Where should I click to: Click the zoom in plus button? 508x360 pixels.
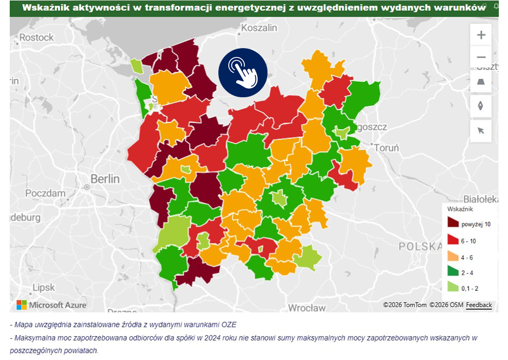point(480,36)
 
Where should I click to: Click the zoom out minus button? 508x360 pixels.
point(480,57)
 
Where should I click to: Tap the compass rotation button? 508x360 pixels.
point(480,106)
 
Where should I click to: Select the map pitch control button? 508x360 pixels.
point(480,82)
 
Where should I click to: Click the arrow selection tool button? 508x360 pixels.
point(480,130)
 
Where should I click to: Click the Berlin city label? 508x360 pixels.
point(105,178)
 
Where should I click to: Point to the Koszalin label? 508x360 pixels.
point(259,28)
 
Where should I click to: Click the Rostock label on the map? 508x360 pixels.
point(36,37)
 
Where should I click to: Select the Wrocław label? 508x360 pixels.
point(306,308)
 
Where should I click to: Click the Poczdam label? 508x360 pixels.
point(45,193)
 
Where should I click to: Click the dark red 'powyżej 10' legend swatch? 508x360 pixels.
point(453,223)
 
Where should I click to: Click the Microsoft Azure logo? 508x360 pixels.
point(51,305)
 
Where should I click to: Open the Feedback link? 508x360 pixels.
point(479,305)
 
